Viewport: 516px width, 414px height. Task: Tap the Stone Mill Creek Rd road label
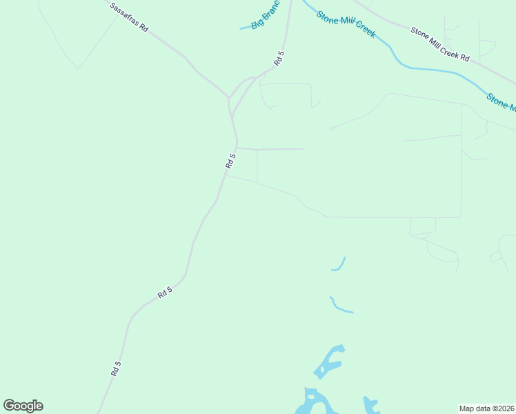(439, 44)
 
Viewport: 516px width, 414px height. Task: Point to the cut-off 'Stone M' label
(501, 101)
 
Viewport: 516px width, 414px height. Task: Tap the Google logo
(23, 406)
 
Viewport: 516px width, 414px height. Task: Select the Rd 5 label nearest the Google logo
(115, 368)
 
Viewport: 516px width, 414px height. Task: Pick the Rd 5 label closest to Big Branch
(279, 58)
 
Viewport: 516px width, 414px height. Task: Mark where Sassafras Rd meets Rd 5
(229, 98)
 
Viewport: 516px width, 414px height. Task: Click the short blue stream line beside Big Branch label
(244, 28)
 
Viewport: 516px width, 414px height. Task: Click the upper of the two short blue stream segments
(339, 265)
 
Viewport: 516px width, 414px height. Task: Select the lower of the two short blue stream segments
(341, 306)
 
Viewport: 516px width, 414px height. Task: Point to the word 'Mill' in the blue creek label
(346, 22)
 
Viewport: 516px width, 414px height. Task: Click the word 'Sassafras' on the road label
(124, 14)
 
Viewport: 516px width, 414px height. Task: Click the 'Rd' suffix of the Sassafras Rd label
(143, 28)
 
